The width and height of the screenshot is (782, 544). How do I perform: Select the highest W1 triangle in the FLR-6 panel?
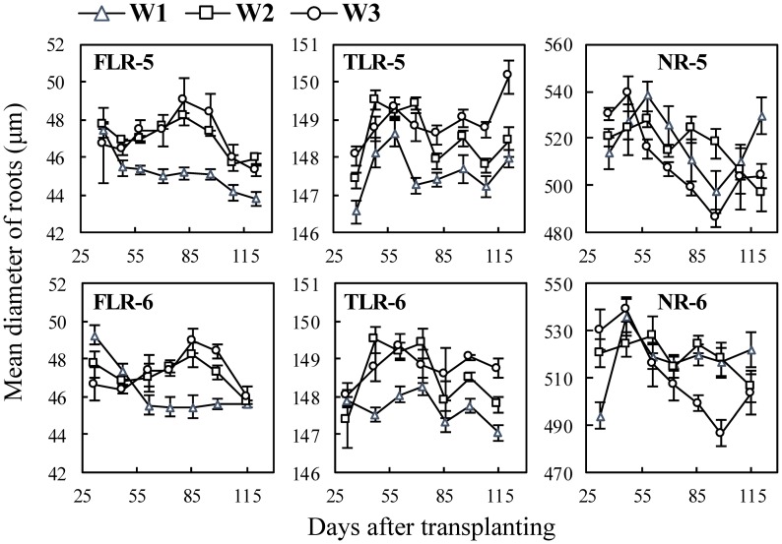95,336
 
